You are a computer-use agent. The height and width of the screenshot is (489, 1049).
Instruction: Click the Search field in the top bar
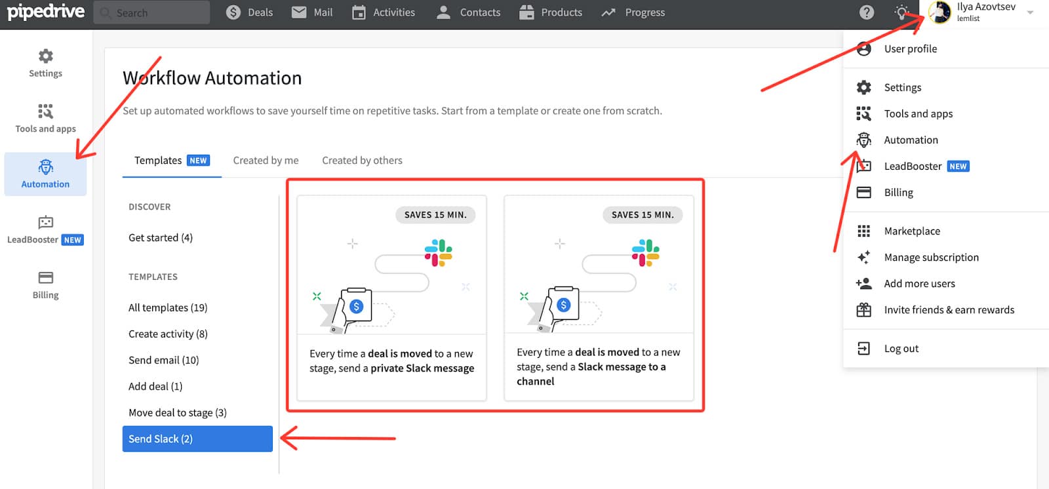pyautogui.click(x=151, y=12)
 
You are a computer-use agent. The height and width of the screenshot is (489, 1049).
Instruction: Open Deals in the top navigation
pyautogui.click(x=249, y=12)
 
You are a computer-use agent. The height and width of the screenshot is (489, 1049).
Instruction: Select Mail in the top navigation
pyautogui.click(x=312, y=12)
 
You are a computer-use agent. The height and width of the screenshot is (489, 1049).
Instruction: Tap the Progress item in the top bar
pyautogui.click(x=633, y=12)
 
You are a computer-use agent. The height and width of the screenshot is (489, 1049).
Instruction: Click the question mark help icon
pyautogui.click(x=866, y=12)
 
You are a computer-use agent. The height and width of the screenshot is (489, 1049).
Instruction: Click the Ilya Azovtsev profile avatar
pyautogui.click(x=940, y=12)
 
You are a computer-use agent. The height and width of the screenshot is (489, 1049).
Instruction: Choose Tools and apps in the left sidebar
pyautogui.click(x=45, y=119)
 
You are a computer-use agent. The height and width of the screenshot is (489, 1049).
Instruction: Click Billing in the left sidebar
pyautogui.click(x=45, y=284)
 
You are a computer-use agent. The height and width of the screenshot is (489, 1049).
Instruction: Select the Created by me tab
pyautogui.click(x=266, y=160)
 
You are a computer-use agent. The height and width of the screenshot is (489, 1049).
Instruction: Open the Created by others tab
pyautogui.click(x=362, y=160)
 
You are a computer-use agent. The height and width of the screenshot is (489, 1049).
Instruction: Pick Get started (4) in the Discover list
pyautogui.click(x=161, y=237)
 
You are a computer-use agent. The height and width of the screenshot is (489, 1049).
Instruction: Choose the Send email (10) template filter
pyautogui.click(x=163, y=360)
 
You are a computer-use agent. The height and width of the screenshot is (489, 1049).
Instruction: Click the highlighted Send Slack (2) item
pyautogui.click(x=197, y=439)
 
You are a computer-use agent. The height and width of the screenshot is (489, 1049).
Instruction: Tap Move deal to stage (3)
pyautogui.click(x=178, y=412)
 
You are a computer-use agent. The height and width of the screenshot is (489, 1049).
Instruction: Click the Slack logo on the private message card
pyautogui.click(x=439, y=253)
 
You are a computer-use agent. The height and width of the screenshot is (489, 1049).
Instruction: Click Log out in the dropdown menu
pyautogui.click(x=901, y=349)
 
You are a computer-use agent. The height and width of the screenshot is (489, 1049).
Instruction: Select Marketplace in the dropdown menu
pyautogui.click(x=912, y=231)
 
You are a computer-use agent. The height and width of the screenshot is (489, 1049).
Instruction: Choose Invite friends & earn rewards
pyautogui.click(x=949, y=309)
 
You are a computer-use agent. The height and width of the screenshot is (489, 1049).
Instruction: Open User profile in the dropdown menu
pyautogui.click(x=911, y=49)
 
